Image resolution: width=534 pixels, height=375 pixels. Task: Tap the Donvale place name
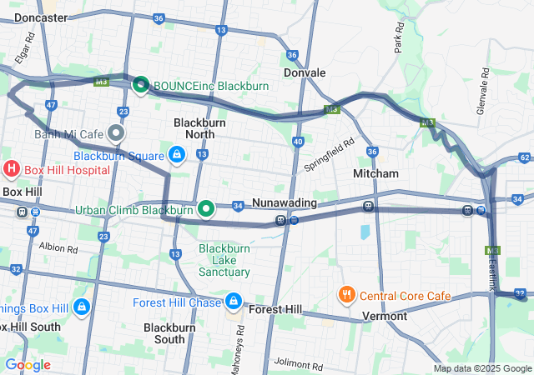pos(305,73)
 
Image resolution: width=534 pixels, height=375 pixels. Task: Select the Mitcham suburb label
pos(375,173)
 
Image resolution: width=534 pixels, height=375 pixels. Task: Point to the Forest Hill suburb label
pos(275,309)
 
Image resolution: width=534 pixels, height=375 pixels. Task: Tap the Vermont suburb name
pos(385,317)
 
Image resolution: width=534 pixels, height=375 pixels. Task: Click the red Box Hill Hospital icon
pos(12,169)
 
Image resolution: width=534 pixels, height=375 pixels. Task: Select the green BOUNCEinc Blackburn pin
pos(141,85)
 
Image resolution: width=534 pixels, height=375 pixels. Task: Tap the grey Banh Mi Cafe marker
pos(118,133)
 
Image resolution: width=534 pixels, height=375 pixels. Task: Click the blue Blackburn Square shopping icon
pos(177,155)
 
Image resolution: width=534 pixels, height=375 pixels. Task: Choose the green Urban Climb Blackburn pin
pos(206,208)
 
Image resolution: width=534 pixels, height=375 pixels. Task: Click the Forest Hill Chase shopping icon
pos(233,301)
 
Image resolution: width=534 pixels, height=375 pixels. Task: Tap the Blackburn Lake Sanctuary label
pos(224,260)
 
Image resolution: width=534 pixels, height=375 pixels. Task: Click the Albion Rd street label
pos(58,247)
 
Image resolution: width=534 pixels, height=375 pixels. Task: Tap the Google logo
pos(28,364)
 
